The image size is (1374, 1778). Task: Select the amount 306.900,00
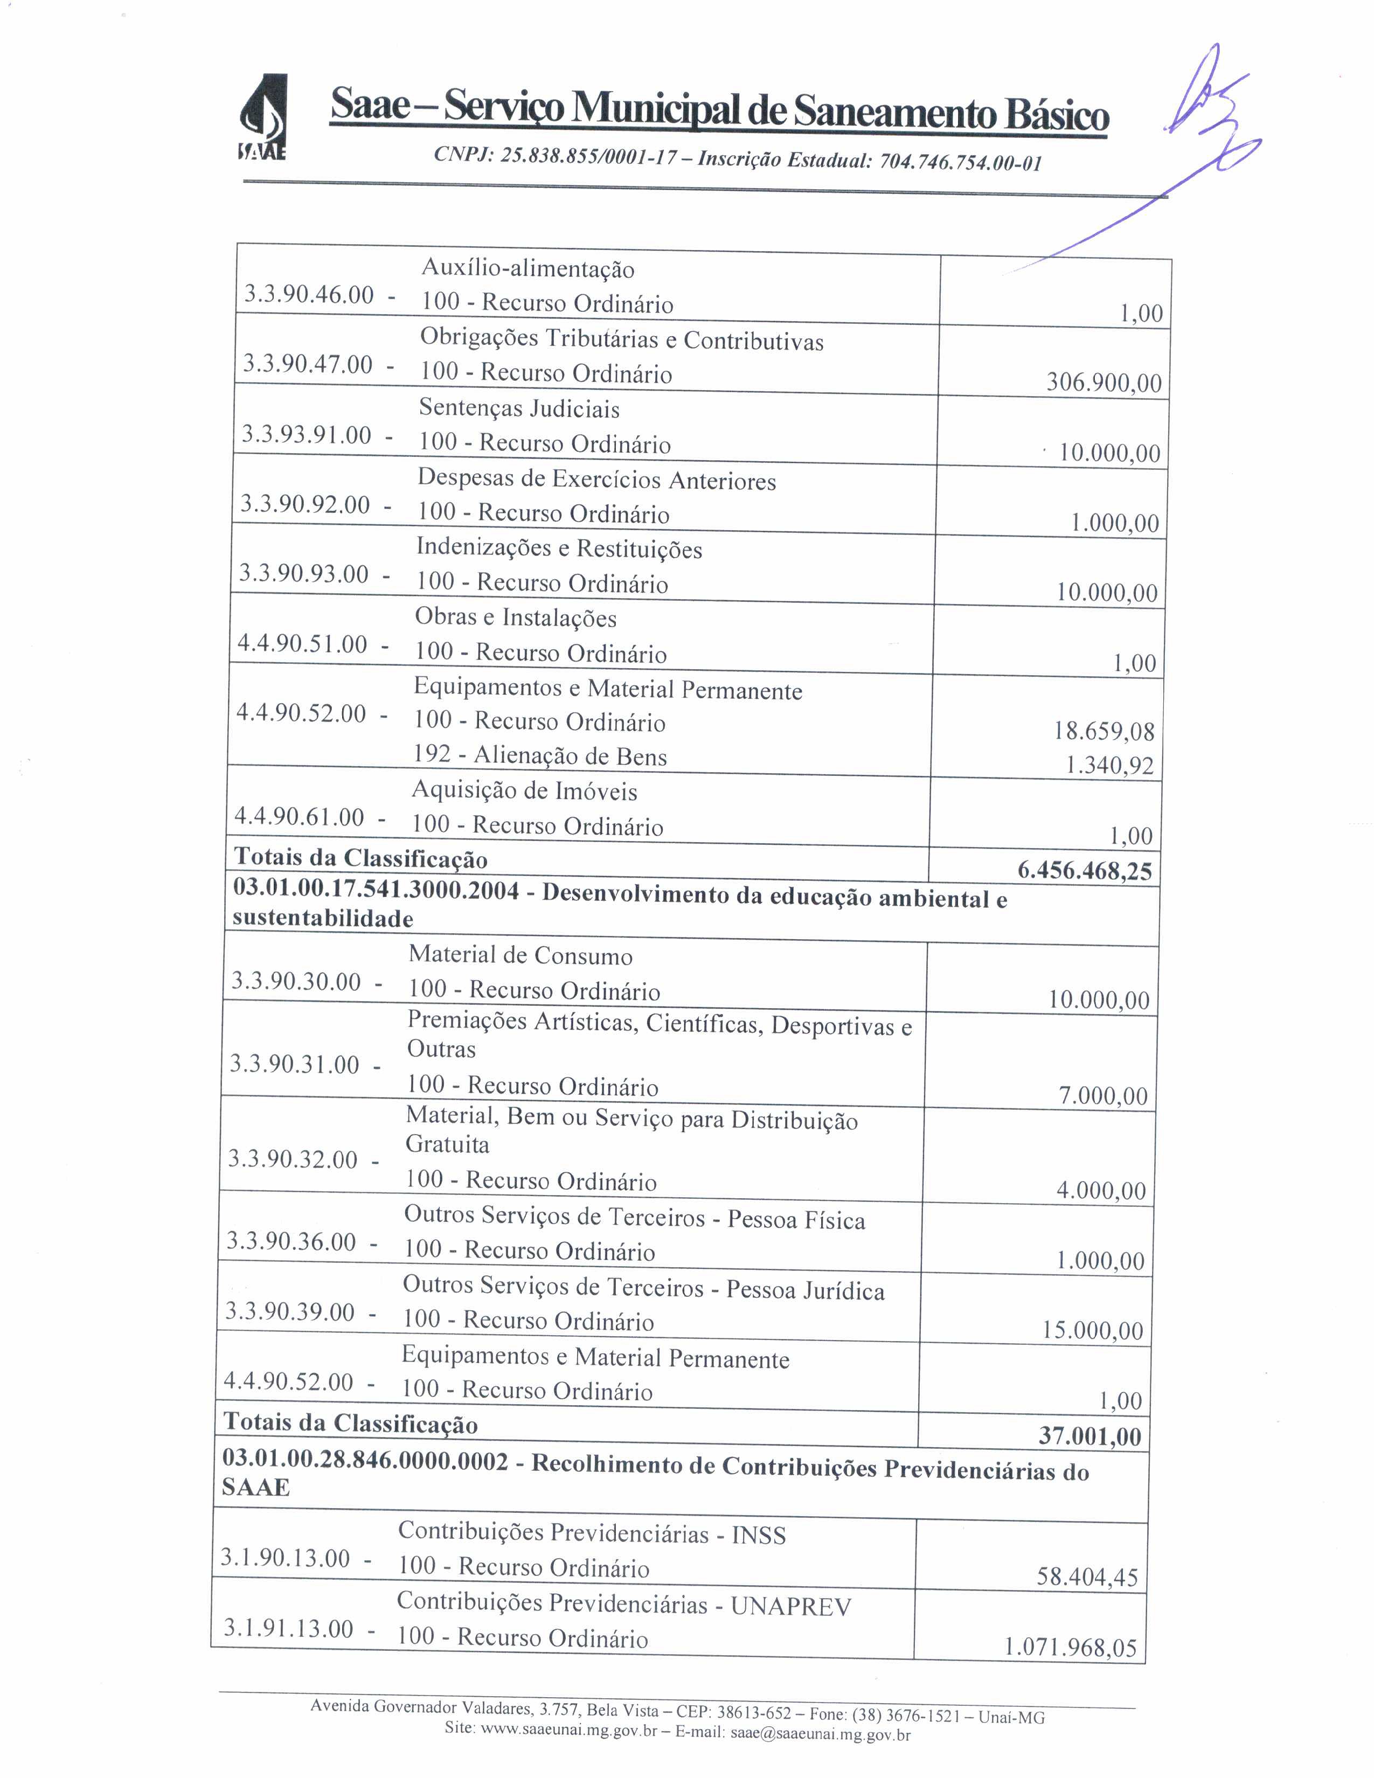coord(1104,382)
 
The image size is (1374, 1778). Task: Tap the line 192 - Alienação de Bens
coord(540,755)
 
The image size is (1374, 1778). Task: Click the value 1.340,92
coord(1109,765)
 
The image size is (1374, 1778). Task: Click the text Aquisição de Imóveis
coord(523,790)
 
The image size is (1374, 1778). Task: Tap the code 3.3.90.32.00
coord(292,1158)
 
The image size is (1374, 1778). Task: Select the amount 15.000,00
coord(1092,1330)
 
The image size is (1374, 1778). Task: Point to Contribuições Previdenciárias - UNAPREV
coord(623,1605)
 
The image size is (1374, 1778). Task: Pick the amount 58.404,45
coord(1087,1577)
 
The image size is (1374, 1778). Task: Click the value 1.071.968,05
coord(1070,1648)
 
